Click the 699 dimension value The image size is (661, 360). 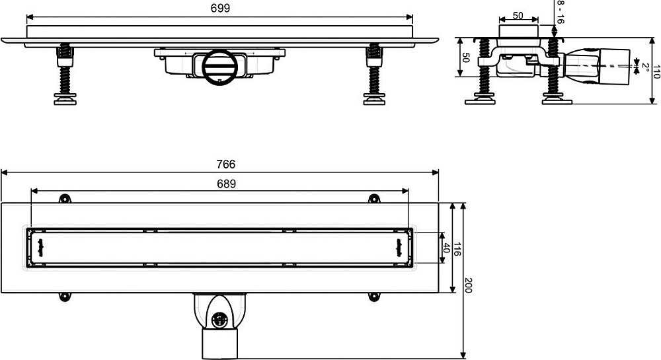(220, 9)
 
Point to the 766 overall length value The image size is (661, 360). (226, 164)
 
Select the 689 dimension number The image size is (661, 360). (226, 184)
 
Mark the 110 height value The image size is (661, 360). (656, 71)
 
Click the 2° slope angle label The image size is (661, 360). (645, 67)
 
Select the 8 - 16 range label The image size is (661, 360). (561, 12)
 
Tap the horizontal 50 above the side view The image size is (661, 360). (518, 16)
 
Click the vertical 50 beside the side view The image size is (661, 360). (465, 57)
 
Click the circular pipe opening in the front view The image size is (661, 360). (217, 66)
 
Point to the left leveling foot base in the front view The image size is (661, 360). (65, 100)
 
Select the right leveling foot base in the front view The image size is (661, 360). (374, 100)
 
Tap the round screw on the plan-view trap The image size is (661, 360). (218, 320)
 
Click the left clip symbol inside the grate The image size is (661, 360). (41, 248)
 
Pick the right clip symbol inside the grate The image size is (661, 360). (399, 248)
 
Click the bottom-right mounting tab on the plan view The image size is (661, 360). (374, 297)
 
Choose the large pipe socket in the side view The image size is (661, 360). (614, 67)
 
